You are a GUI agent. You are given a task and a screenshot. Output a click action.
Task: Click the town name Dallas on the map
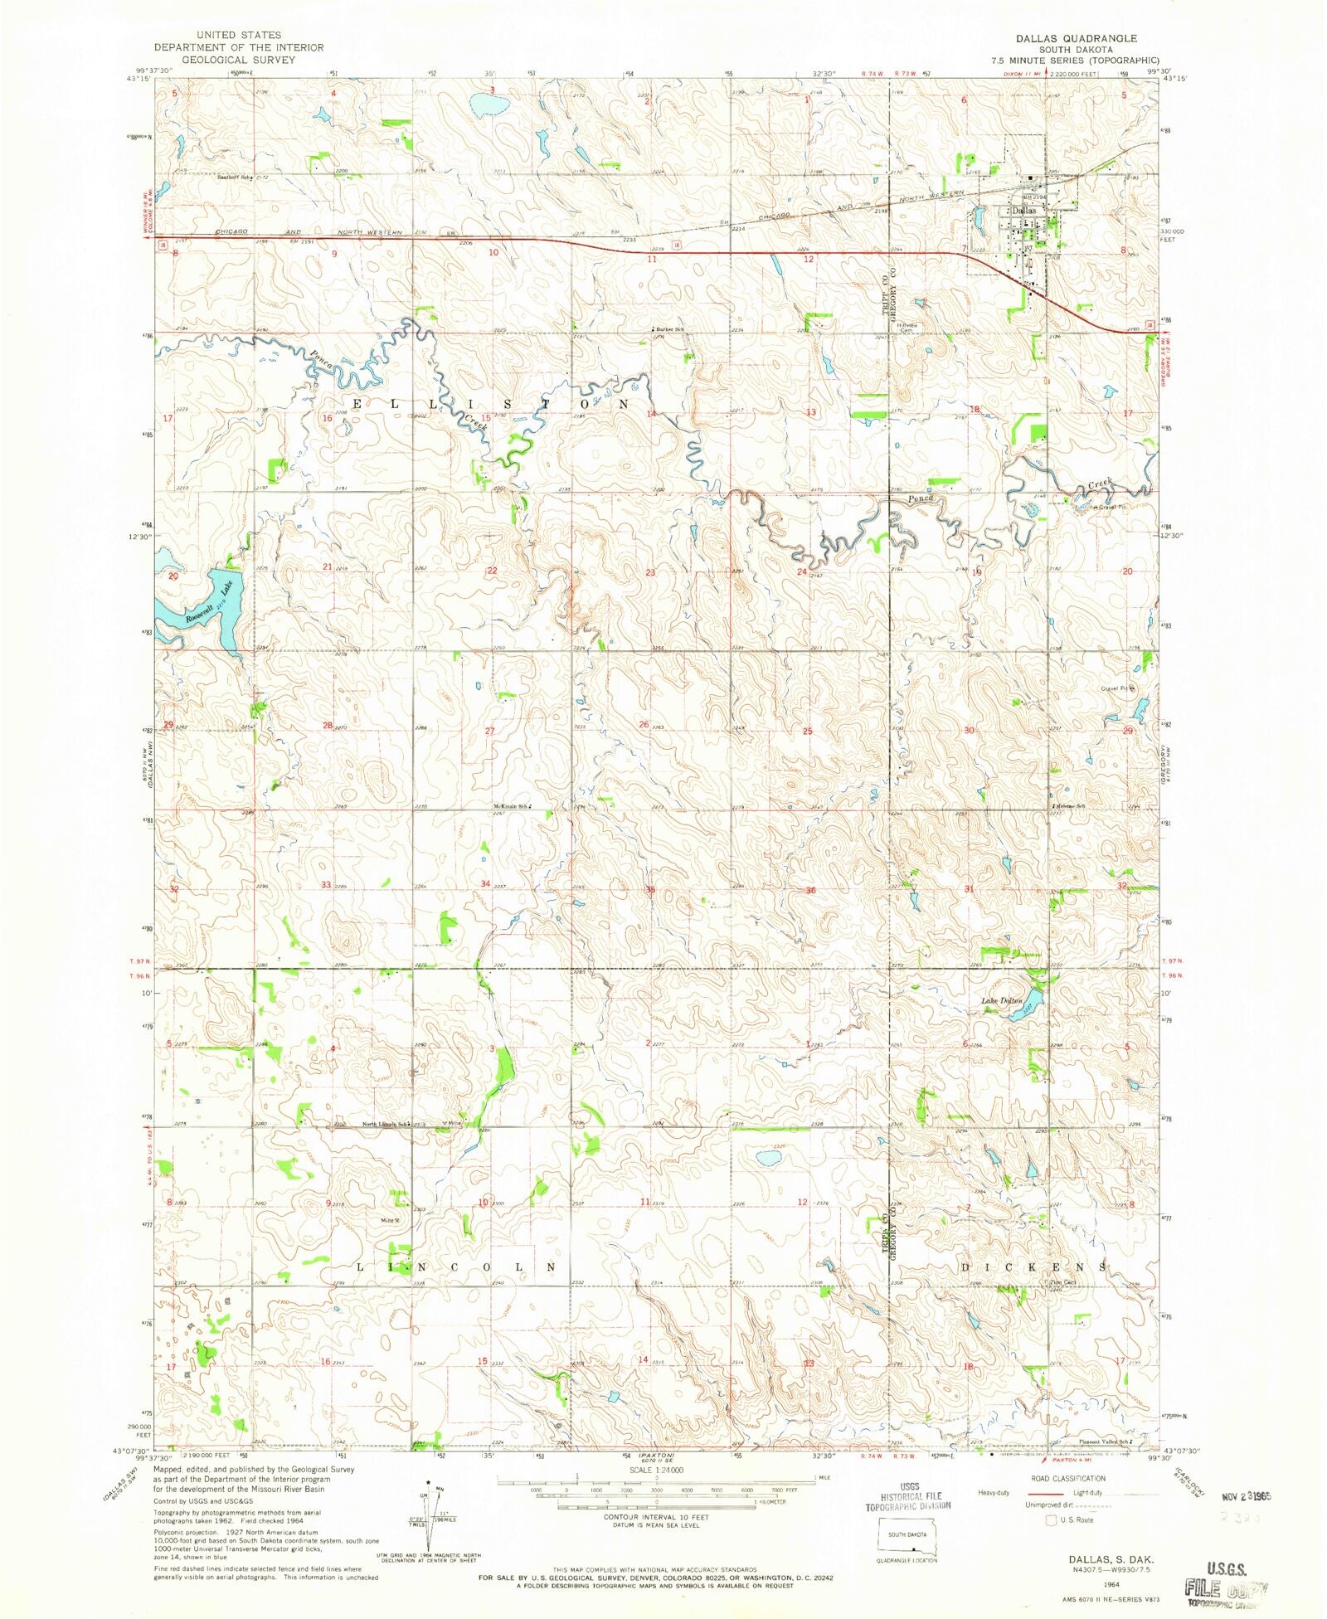coord(1023,211)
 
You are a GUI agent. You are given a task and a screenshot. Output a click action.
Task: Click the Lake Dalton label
coord(1001,1001)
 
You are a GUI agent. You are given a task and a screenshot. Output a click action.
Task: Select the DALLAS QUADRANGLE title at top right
coord(1076,38)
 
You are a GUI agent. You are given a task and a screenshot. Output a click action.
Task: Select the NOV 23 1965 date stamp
coord(1243,1497)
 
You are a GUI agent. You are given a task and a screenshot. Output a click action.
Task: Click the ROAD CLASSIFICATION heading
coord(1067,1478)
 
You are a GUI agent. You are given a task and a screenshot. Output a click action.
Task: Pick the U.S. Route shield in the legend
coord(1051,1520)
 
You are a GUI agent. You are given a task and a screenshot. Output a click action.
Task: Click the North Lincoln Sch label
coord(384,1125)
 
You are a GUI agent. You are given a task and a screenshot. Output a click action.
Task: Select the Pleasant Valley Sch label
coord(1103,1442)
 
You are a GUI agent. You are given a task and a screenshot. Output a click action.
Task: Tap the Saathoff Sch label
coord(233,177)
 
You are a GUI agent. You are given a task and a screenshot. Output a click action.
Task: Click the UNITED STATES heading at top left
coord(238,35)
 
